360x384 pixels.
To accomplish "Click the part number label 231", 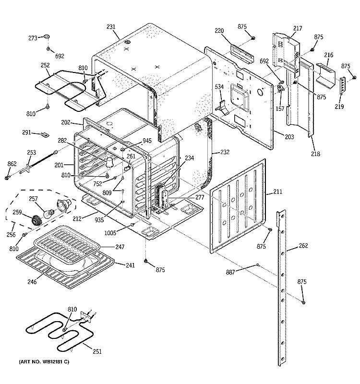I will pyautogui.click(x=111, y=27).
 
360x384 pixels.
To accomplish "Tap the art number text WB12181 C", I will pyautogui.click(x=44, y=360).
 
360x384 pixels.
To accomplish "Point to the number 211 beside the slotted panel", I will pyautogui.click(x=277, y=193).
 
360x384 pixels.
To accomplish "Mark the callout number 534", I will pyautogui.click(x=218, y=87).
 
